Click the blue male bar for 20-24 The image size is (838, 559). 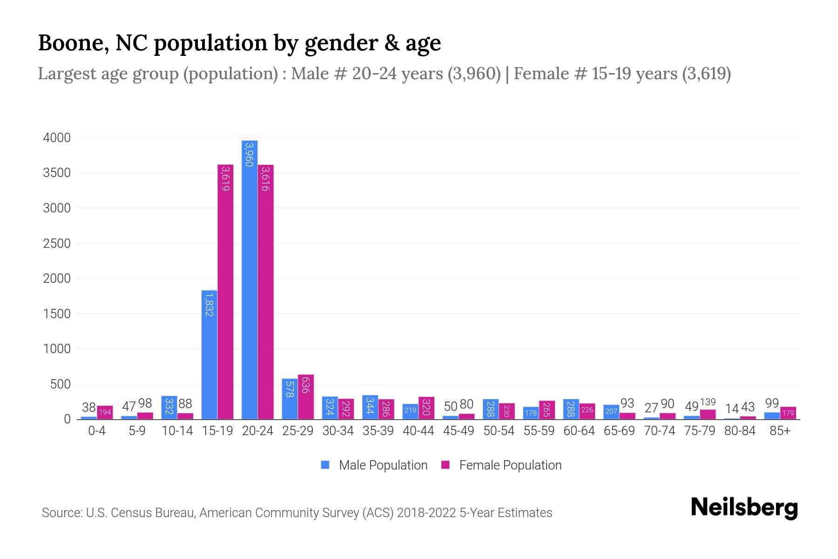click(x=250, y=279)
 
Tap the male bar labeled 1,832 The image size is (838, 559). click(x=209, y=354)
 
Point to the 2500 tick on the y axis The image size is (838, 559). click(x=57, y=244)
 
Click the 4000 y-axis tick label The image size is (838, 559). click(x=57, y=138)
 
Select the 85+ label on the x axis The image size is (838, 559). click(x=780, y=431)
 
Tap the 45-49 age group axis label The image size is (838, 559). click(x=459, y=431)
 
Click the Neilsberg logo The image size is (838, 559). click(x=744, y=508)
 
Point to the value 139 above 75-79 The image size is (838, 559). click(x=708, y=402)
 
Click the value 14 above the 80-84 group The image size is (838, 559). click(x=732, y=409)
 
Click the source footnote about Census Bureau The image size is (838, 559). click(x=297, y=513)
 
